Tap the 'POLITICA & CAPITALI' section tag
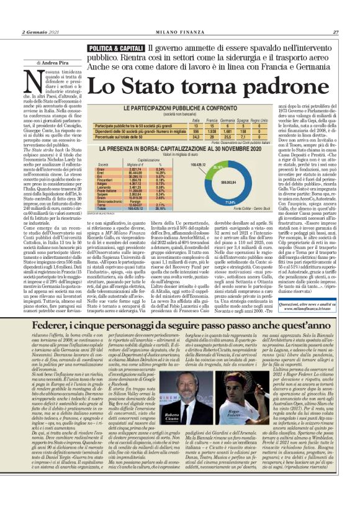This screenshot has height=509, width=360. pyautogui.click(x=117, y=48)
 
